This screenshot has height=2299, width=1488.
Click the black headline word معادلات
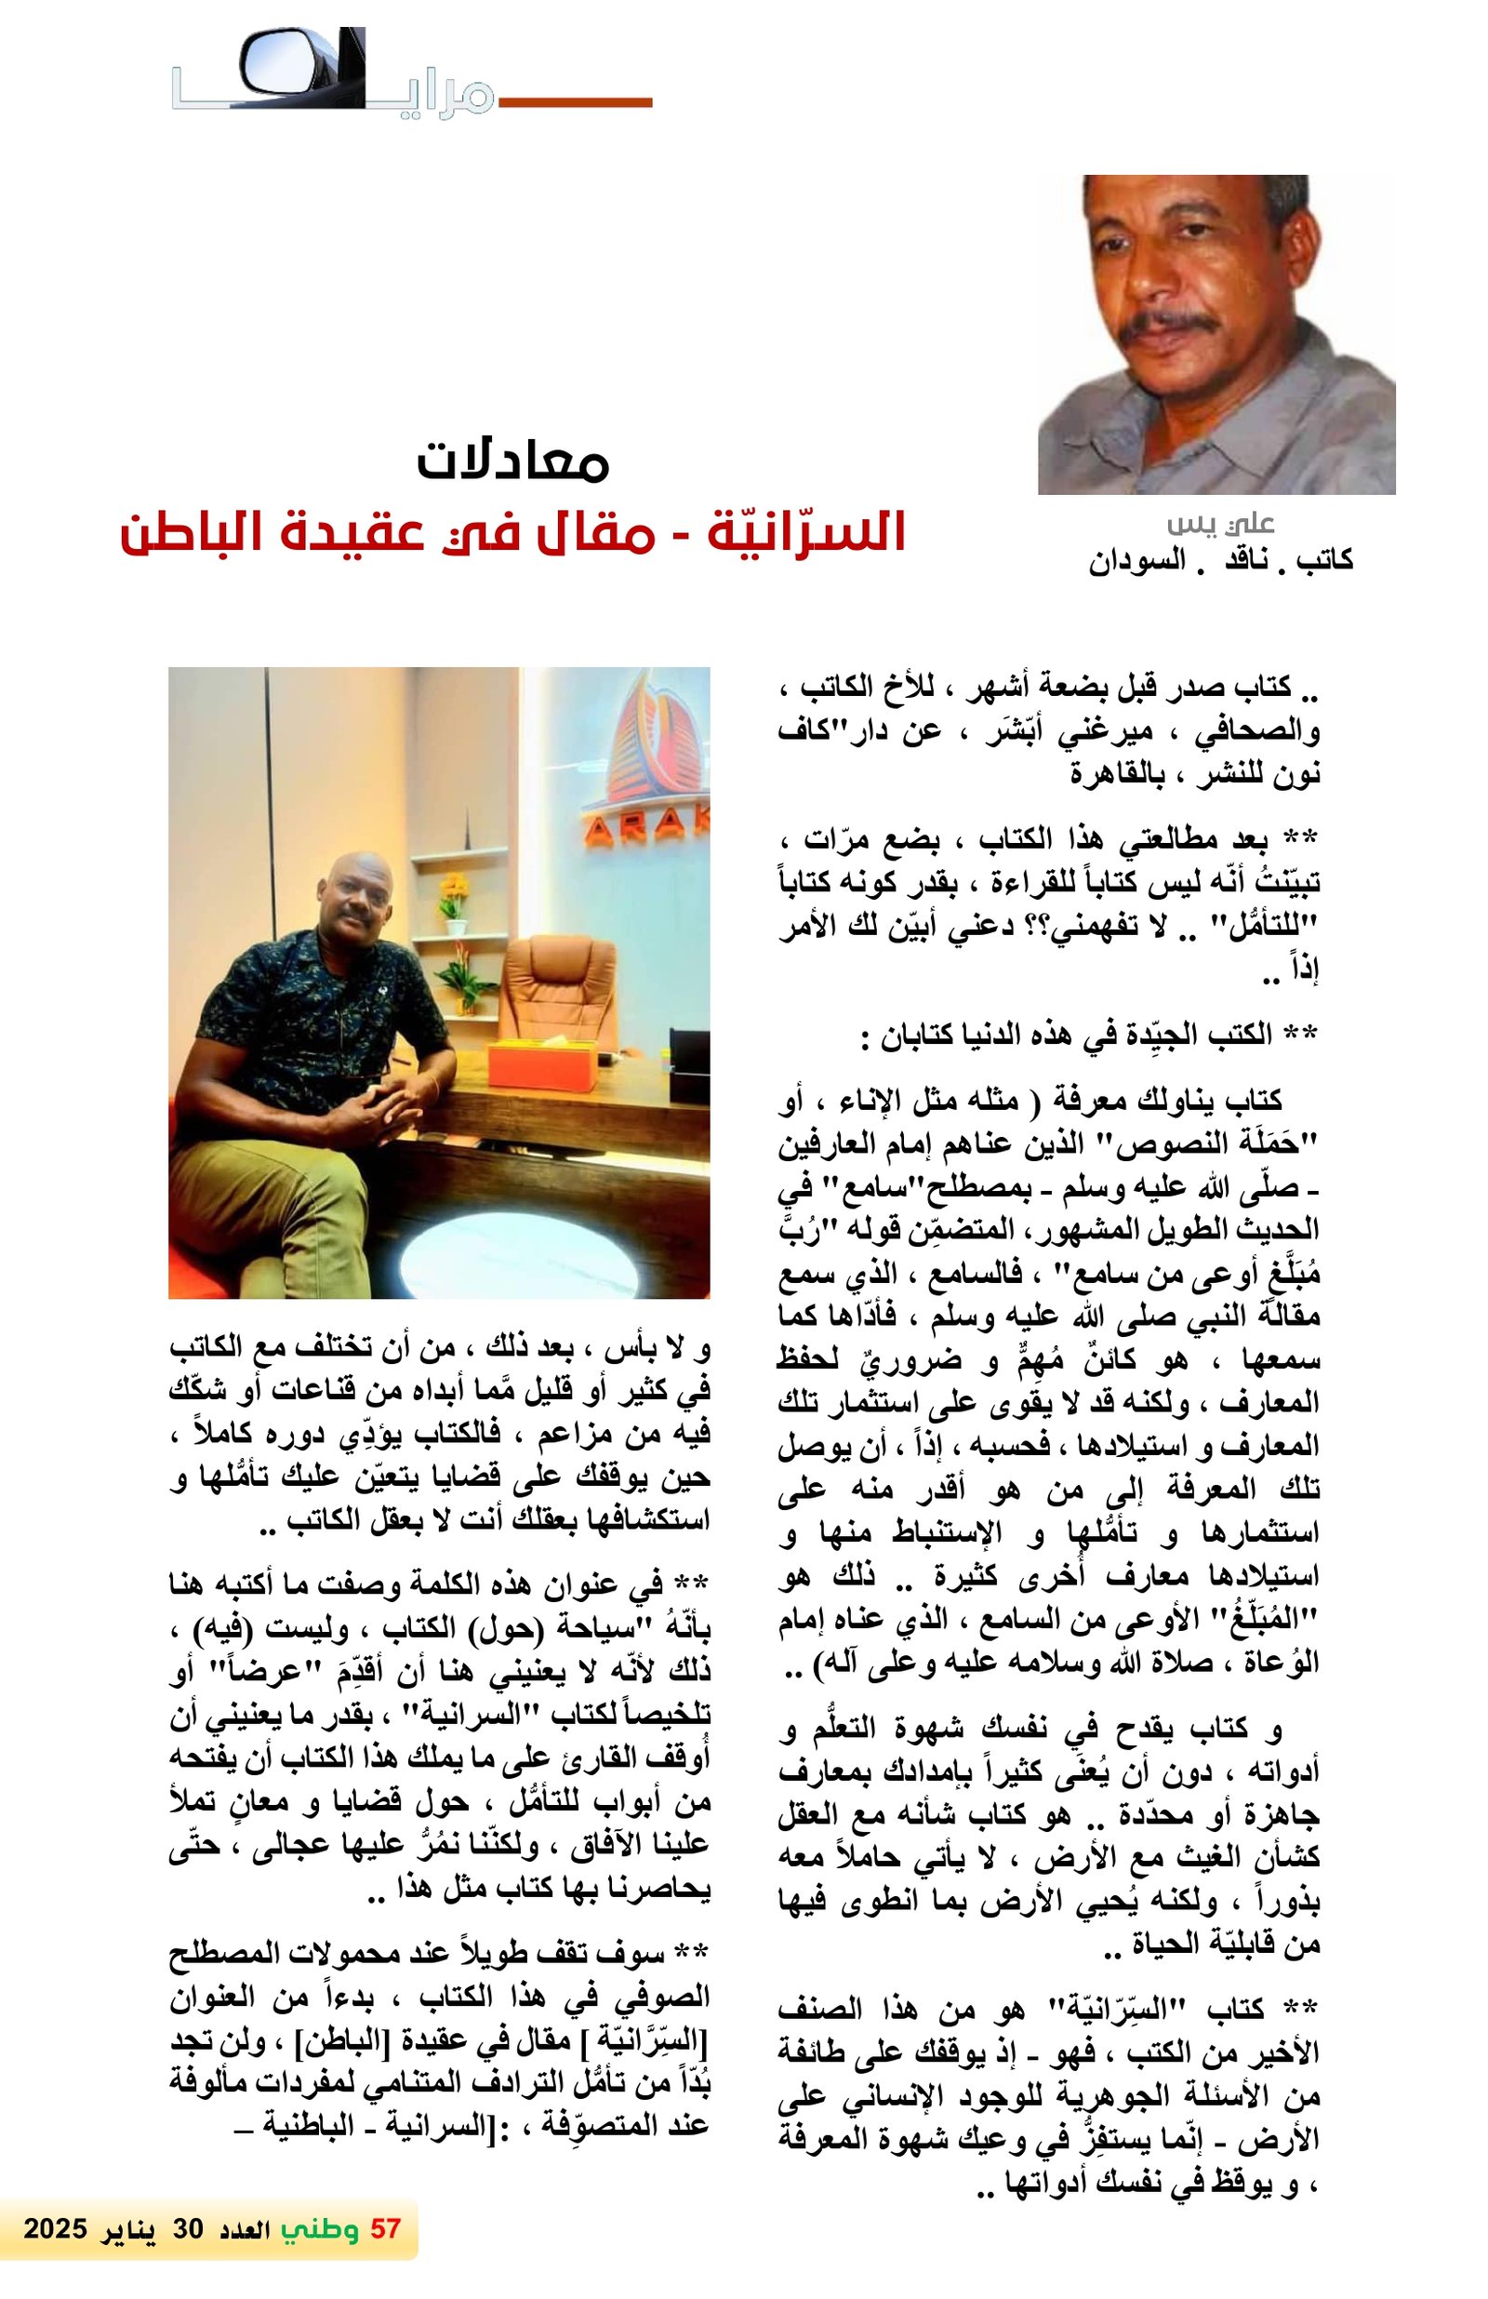click(512, 461)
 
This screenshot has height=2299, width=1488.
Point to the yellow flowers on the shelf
click(453, 889)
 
